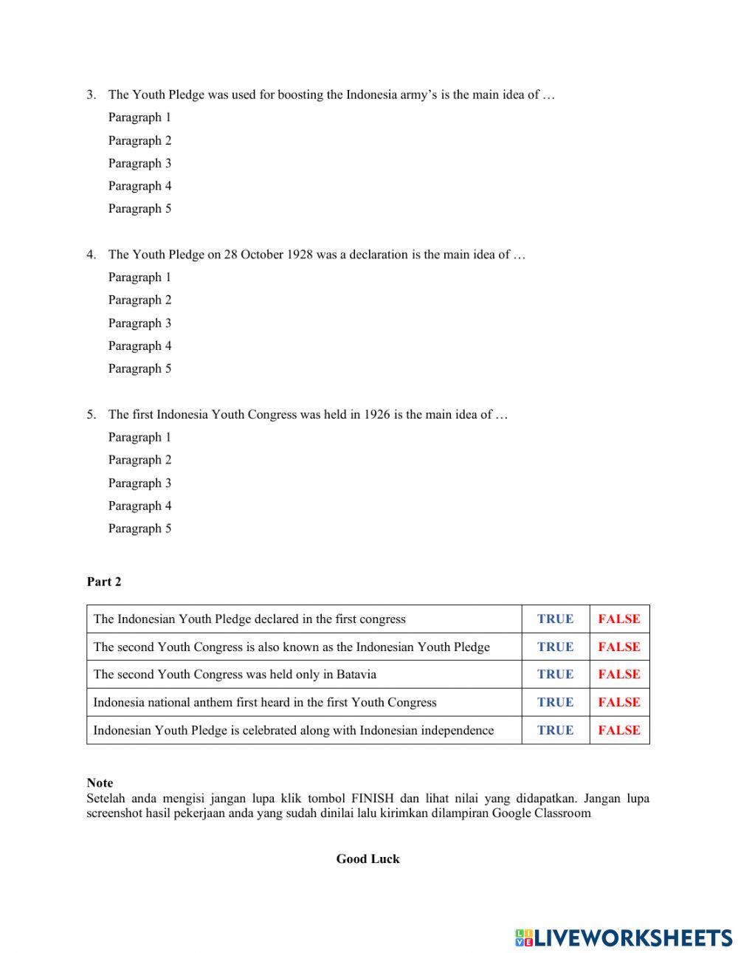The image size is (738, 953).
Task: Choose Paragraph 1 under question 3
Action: pos(139,117)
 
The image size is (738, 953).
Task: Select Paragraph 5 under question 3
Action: pos(139,209)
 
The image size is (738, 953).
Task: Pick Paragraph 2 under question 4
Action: pos(139,300)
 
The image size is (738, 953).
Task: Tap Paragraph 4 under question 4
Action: pos(139,345)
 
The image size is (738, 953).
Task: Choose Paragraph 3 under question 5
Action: pos(139,483)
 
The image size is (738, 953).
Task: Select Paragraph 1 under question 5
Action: pos(139,437)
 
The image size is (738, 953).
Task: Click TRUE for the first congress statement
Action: pos(555,619)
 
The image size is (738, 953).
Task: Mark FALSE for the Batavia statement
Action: pos(619,674)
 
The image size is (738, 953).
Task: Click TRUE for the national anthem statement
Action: pos(555,702)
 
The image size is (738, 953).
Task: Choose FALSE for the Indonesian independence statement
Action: pos(619,730)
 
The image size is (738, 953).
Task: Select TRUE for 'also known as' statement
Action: pos(555,647)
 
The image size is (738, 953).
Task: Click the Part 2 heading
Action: pos(104,582)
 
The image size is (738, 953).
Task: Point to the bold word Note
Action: pos(100,782)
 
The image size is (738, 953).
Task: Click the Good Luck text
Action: pos(368,859)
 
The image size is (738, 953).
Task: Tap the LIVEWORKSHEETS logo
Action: pos(623,937)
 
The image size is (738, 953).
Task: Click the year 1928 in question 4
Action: pos(299,255)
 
